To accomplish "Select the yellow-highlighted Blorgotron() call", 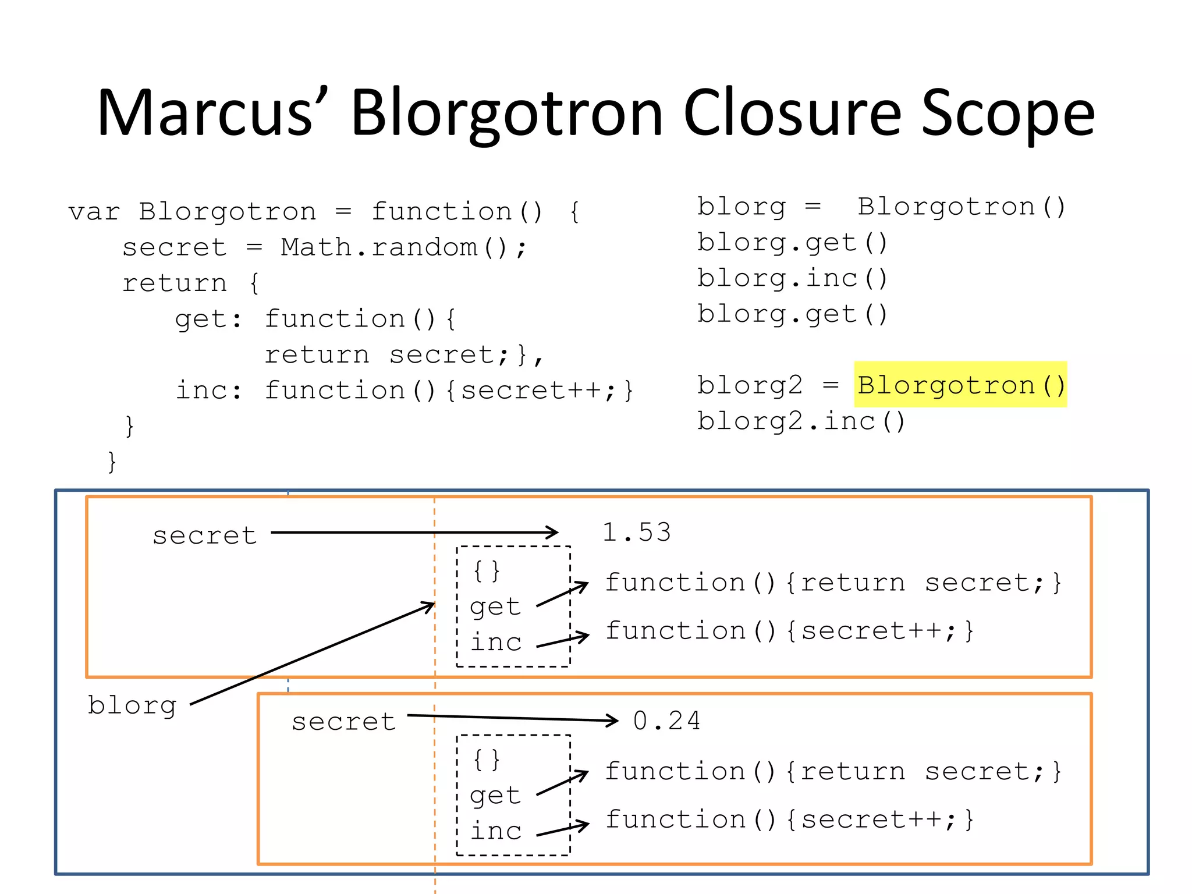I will pyautogui.click(x=960, y=385).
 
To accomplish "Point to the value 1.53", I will pyautogui.click(x=636, y=532).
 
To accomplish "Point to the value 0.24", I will pyautogui.click(x=666, y=721).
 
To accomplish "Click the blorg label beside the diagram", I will pyautogui.click(x=132, y=705).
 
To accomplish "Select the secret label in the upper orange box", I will pyautogui.click(x=204, y=535).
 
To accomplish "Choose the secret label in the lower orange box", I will pyautogui.click(x=343, y=722).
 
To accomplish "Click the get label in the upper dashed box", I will pyautogui.click(x=495, y=606).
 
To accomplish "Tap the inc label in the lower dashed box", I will pyautogui.click(x=495, y=831).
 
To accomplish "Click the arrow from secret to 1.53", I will pyautogui.click(x=413, y=532).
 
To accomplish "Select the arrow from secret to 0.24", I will pyautogui.click(x=512, y=718).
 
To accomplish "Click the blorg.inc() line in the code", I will pyautogui.click(x=792, y=278).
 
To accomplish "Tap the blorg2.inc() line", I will pyautogui.click(x=801, y=421).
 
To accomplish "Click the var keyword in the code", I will pyautogui.click(x=94, y=212).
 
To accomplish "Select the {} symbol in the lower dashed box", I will pyautogui.click(x=487, y=759).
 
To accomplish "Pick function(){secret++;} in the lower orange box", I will pyautogui.click(x=789, y=819).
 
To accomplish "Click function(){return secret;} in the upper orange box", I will pyautogui.click(x=833, y=583).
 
